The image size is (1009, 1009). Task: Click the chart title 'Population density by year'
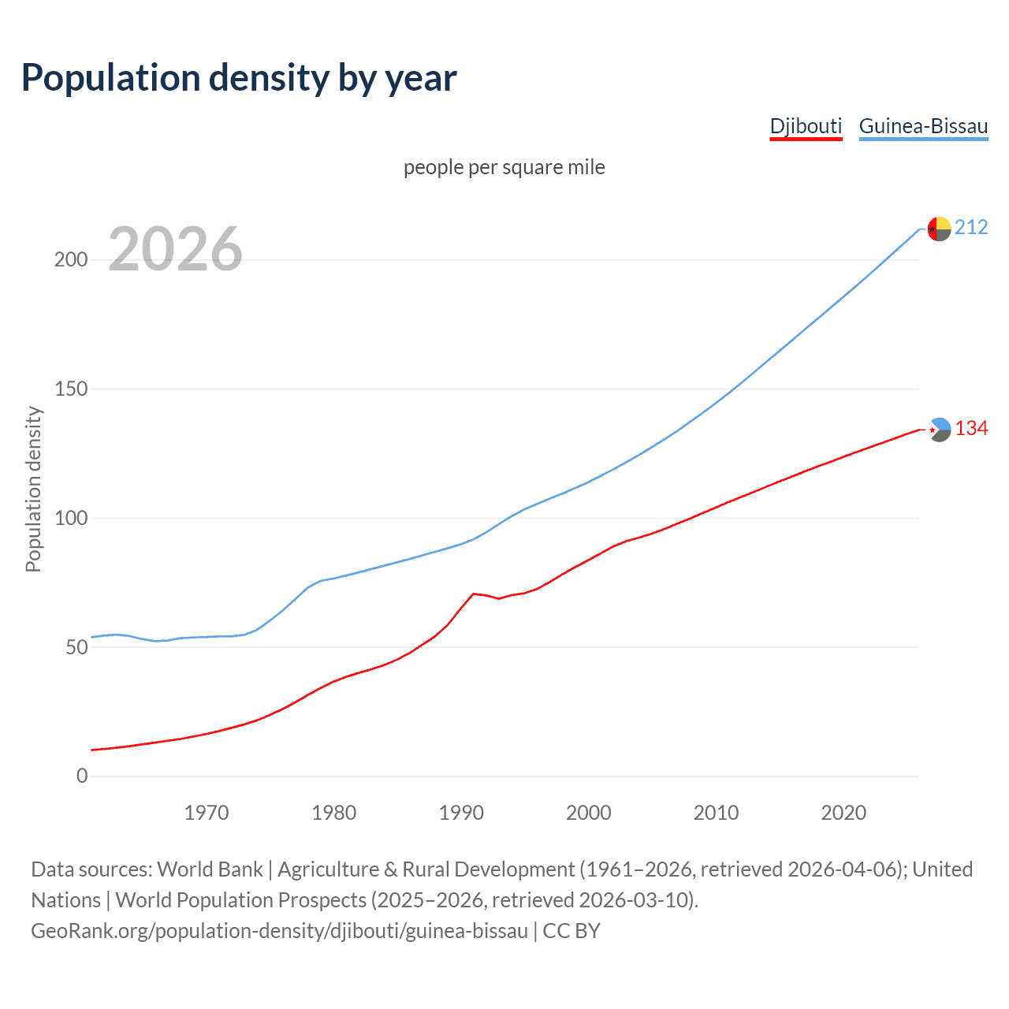(239, 78)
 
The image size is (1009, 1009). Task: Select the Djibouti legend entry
(806, 126)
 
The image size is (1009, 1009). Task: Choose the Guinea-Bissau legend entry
(923, 126)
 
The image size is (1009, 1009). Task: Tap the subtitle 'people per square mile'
(504, 167)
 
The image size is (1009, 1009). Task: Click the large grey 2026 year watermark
(175, 249)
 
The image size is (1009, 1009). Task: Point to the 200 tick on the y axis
(71, 260)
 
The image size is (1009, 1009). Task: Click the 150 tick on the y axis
(71, 389)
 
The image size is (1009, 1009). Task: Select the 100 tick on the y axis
(71, 519)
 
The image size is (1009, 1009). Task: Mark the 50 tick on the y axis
(76, 647)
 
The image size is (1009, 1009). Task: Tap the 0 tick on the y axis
(82, 776)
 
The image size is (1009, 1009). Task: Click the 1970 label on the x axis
(207, 813)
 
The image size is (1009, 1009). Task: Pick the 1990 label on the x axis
(461, 813)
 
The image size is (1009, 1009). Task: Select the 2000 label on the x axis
(589, 813)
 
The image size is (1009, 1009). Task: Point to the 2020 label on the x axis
(843, 813)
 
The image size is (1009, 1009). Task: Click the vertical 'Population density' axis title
(33, 489)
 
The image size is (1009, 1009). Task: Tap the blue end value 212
(971, 228)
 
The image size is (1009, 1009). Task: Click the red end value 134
(971, 429)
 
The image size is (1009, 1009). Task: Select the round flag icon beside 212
(939, 229)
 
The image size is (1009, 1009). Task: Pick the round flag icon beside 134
(939, 430)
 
